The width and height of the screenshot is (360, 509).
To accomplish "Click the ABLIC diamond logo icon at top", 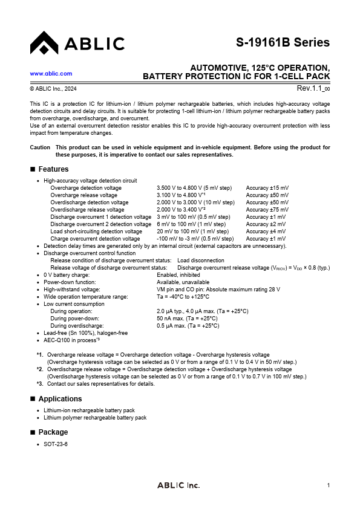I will pyautogui.click(x=44, y=43).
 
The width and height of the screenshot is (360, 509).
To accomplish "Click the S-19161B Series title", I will pyautogui.click(x=283, y=42).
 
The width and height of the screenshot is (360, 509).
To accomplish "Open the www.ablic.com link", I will pyautogui.click(x=51, y=74).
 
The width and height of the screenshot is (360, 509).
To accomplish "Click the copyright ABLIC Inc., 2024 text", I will pyautogui.click(x=53, y=89).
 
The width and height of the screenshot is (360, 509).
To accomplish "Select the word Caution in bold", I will pyautogui.click(x=40, y=148).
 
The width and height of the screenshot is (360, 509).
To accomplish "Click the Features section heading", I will pyautogui.click(x=53, y=169).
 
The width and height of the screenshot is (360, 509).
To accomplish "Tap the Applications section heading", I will pyautogui.click(x=60, y=399).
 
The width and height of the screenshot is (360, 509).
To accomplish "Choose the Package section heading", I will pyautogui.click(x=53, y=432).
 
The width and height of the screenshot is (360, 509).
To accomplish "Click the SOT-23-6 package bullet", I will pyautogui.click(x=56, y=444).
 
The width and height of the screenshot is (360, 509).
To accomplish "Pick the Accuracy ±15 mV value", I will pyautogui.click(x=267, y=188).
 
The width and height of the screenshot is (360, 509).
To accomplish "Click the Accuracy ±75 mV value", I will pyautogui.click(x=267, y=210).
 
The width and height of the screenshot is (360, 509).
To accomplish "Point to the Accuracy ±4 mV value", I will pyautogui.click(x=266, y=232).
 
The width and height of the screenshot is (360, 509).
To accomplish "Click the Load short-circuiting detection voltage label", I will pyautogui.click(x=96, y=232).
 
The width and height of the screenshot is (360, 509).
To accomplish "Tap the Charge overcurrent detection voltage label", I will pyautogui.click(x=95, y=239).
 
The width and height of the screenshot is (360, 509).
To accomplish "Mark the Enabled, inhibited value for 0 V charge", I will pyautogui.click(x=180, y=275).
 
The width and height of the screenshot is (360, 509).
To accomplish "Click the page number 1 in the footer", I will pyautogui.click(x=328, y=485).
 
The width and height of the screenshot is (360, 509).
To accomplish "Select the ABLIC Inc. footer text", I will pyautogui.click(x=178, y=485).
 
